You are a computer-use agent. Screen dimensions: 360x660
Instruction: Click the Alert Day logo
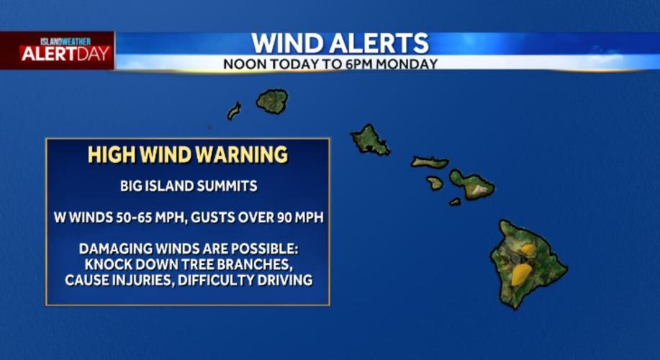click(65, 51)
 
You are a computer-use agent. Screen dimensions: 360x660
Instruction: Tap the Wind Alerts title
click(339, 43)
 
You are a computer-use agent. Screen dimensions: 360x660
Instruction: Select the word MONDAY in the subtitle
click(411, 64)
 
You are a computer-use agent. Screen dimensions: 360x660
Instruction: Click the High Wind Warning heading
click(188, 155)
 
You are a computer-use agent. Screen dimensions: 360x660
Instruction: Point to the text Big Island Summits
click(189, 186)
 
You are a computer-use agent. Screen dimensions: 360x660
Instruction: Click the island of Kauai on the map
click(273, 102)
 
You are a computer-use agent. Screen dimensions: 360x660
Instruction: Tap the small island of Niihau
click(234, 111)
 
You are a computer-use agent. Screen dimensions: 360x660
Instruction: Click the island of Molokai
click(429, 163)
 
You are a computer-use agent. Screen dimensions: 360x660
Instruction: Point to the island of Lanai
click(435, 183)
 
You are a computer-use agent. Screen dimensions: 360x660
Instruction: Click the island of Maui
click(472, 184)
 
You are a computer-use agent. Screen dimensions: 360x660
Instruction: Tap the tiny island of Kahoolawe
click(455, 202)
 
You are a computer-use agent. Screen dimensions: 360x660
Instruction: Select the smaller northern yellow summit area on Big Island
click(528, 249)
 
